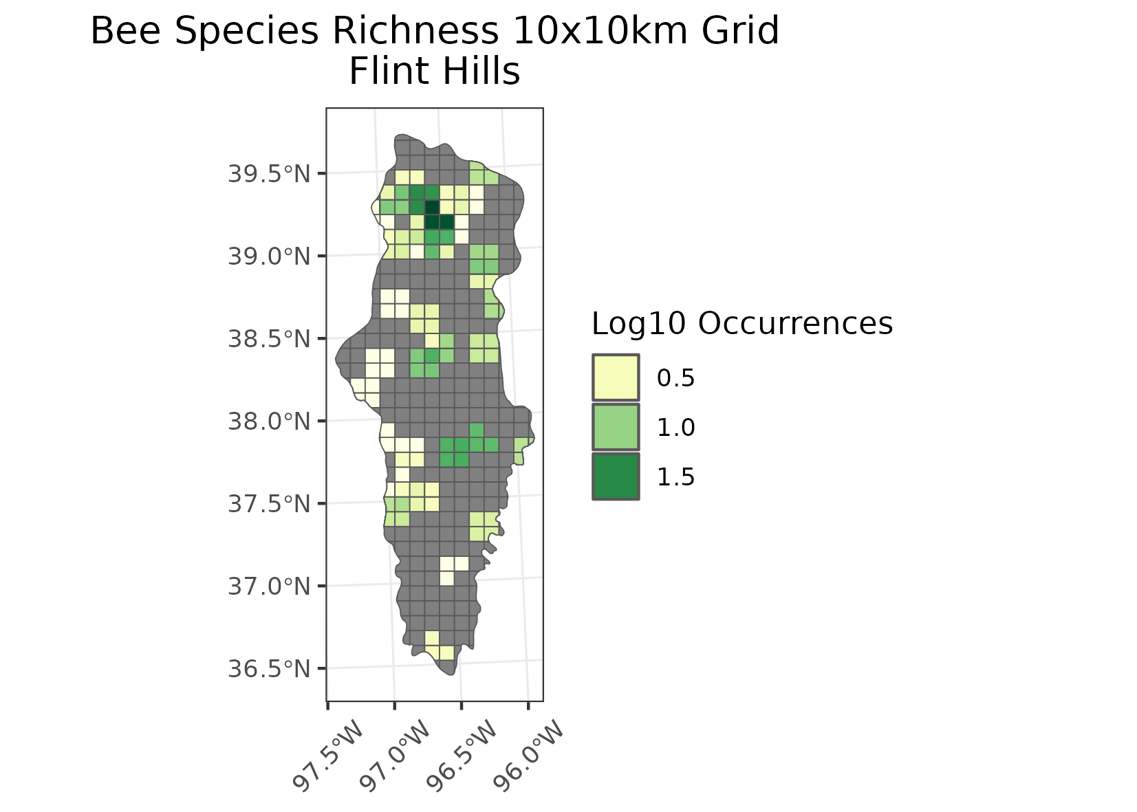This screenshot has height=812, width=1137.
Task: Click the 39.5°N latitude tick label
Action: [269, 174]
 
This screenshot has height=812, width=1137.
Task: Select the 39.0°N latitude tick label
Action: [269, 256]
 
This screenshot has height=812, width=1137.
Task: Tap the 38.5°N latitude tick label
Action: [269, 339]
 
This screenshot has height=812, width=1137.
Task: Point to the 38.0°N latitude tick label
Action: [269, 421]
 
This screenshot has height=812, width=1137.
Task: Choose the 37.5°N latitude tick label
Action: [269, 503]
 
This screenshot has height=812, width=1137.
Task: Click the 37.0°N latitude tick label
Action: [269, 586]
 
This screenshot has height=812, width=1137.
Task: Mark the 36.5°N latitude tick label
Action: [269, 668]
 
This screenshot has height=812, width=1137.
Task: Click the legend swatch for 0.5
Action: [616, 377]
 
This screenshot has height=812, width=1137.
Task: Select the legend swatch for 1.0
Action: [616, 426]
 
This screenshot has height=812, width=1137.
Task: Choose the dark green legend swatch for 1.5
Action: [616, 476]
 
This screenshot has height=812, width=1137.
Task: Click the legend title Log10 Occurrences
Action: [741, 323]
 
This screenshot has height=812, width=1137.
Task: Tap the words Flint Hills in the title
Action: [434, 72]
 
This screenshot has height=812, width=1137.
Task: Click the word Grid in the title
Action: [745, 32]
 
